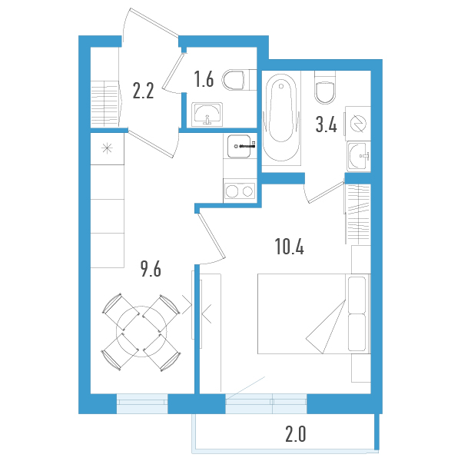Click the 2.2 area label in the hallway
[144, 91]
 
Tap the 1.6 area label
[203, 79]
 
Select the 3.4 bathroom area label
[327, 124]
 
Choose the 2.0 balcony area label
[296, 435]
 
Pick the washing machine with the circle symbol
[357, 124]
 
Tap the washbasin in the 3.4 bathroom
[358, 157]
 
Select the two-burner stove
[239, 190]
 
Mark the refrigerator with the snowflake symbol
[106, 149]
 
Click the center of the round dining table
[141, 331]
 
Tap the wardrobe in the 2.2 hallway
[106, 104]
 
